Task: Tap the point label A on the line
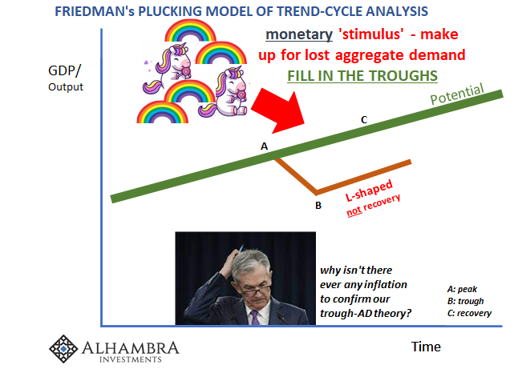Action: coord(264,146)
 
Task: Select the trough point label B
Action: coord(318,205)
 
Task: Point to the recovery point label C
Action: coord(363,120)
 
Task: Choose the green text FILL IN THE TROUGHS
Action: coord(362,76)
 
